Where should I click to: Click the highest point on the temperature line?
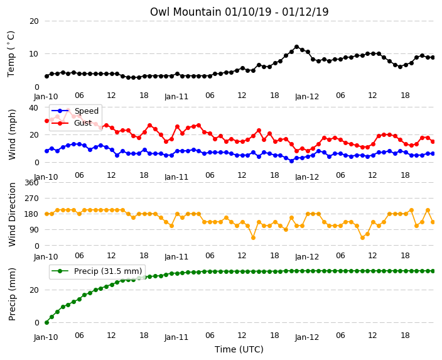pyautogui.click(x=296, y=47)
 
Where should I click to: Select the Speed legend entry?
pyautogui.click(x=75, y=111)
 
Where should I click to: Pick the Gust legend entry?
pyautogui.click(x=72, y=123)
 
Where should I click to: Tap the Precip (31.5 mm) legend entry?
pyautogui.click(x=97, y=271)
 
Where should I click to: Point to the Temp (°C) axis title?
pyautogui.click(x=11, y=54)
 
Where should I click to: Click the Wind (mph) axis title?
pyautogui.click(x=12, y=134)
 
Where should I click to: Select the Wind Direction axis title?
pyautogui.click(x=12, y=214)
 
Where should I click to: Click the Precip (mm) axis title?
pyautogui.click(x=12, y=294)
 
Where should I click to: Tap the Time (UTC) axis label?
pyautogui.click(x=239, y=349)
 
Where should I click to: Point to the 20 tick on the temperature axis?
pyautogui.click(x=34, y=21)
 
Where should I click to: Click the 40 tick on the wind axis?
pyautogui.click(x=34, y=107)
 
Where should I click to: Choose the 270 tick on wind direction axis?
pyautogui.click(x=31, y=199)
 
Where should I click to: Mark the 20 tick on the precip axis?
pyautogui.click(x=34, y=290)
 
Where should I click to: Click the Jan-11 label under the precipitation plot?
pyautogui.click(x=176, y=337)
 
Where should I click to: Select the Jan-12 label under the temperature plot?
pyautogui.click(x=307, y=97)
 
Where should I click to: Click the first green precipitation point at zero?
pyautogui.click(x=47, y=322)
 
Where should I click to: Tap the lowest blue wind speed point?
pyautogui.click(x=291, y=161)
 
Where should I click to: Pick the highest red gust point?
pyautogui.click(x=68, y=111)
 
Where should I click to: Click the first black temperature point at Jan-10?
pyautogui.click(x=47, y=77)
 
